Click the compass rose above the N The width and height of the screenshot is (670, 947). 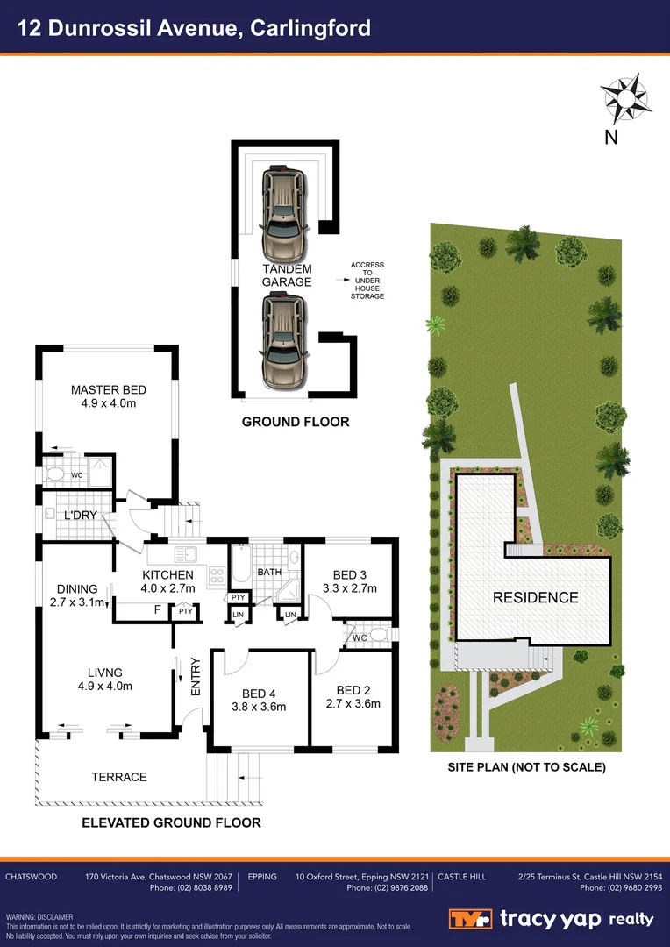click(x=624, y=98)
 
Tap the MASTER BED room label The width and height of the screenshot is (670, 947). click(x=109, y=390)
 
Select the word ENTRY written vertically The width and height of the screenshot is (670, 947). click(x=195, y=677)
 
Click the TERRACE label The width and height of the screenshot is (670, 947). click(x=119, y=777)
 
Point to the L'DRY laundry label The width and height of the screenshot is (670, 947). click(x=80, y=516)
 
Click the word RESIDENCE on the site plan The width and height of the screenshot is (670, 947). click(x=535, y=598)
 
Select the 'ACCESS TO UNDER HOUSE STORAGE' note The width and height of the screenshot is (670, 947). click(x=367, y=281)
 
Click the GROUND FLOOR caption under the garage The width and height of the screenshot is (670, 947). click(x=296, y=422)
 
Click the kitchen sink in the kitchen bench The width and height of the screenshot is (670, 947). click(x=185, y=554)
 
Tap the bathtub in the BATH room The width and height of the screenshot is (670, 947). click(x=240, y=568)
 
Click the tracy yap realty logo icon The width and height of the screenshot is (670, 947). click(x=471, y=919)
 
